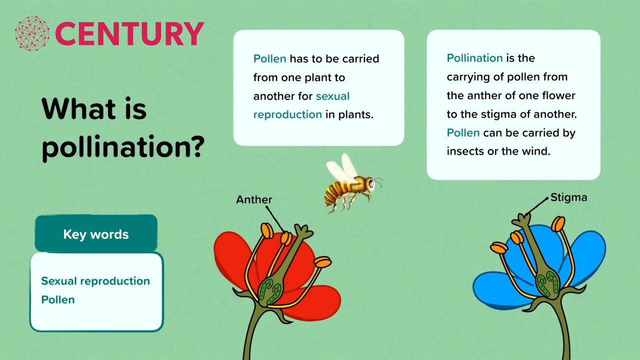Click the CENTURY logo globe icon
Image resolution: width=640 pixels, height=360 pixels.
[32, 33]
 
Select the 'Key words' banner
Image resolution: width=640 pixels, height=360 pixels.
[96, 234]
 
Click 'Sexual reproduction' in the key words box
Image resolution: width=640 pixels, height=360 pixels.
[95, 281]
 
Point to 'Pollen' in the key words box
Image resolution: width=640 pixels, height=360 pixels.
[57, 299]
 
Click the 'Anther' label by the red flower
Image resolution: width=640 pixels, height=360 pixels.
[254, 199]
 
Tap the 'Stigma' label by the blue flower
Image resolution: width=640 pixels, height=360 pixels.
[568, 197]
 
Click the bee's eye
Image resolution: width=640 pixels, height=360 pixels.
[371, 184]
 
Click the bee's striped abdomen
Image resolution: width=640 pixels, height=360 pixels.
[334, 192]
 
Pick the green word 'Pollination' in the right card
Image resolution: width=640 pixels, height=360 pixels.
[474, 58]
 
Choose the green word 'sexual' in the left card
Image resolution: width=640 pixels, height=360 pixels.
[332, 96]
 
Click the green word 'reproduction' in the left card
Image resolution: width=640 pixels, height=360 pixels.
[287, 114]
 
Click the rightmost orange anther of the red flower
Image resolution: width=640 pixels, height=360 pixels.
[323, 261]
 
